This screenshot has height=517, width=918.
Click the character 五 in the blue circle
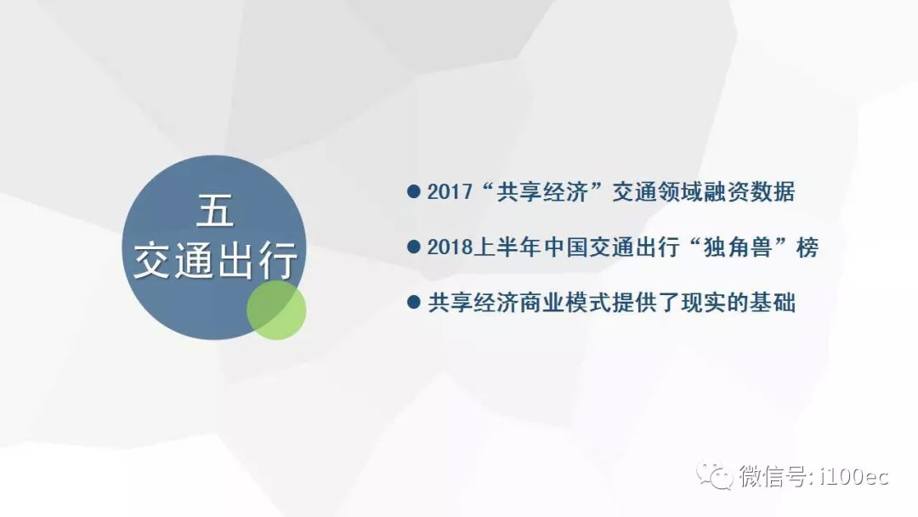(215, 211)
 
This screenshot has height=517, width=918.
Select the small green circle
(276, 310)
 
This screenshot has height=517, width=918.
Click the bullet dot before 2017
(413, 191)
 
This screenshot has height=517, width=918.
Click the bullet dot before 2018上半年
(413, 247)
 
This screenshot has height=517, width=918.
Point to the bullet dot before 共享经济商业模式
(413, 302)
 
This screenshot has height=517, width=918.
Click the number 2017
(450, 192)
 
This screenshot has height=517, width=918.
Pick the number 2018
(450, 247)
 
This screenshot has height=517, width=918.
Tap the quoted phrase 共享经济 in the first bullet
(541, 192)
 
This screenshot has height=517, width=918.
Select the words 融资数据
(749, 192)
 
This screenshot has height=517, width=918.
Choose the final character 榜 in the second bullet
(807, 247)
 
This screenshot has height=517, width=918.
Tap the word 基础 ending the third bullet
(772, 303)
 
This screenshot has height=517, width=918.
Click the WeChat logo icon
(714, 475)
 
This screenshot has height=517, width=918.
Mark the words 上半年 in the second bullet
(507, 247)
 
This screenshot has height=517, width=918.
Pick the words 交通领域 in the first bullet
(657, 192)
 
